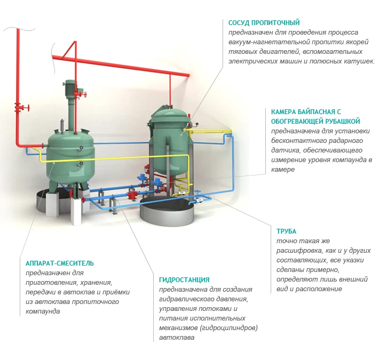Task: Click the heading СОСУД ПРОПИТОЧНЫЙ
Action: coord(264,23)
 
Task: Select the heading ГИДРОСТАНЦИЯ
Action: coord(184,279)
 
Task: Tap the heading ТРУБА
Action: coord(286,231)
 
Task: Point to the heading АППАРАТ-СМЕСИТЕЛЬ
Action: coord(60,263)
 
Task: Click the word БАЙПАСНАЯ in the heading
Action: coord(316,112)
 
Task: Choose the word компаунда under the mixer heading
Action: coord(43,311)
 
